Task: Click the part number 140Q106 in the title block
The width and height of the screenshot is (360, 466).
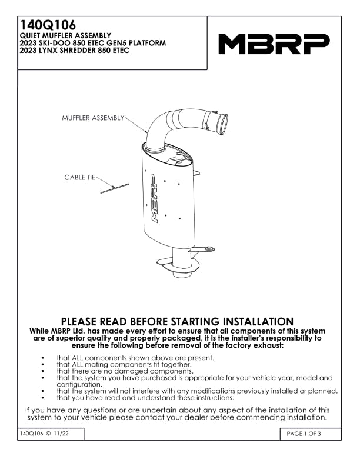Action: coord(48,25)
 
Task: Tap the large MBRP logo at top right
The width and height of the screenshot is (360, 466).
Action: coord(274,44)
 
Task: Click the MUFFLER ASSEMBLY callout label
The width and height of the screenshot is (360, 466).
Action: coord(93,118)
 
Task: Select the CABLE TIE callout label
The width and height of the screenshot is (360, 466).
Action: coord(80,178)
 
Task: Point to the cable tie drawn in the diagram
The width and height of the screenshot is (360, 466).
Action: coord(114,188)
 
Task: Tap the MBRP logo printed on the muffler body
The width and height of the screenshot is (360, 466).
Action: coord(154,198)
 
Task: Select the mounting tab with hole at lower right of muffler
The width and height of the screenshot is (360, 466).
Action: coord(204,249)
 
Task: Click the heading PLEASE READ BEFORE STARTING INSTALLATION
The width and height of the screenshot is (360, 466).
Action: coord(177,322)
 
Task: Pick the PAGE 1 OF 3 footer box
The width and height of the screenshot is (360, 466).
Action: coord(311,434)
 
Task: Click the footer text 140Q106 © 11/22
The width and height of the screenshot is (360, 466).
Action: coord(44,434)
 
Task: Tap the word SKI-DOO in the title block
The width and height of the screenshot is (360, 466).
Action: coord(52,43)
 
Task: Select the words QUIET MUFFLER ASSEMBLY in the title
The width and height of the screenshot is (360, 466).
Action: coord(65,36)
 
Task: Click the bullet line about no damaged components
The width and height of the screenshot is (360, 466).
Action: coord(125,371)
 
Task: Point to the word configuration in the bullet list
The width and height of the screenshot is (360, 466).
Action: coord(79,385)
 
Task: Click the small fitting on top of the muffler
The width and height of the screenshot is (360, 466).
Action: coord(179,156)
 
